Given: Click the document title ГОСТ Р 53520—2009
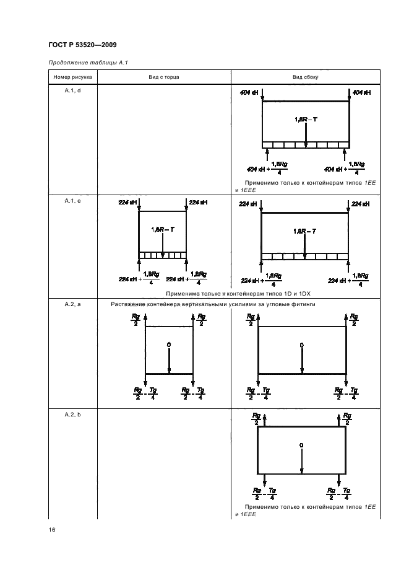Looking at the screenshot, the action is (82, 45).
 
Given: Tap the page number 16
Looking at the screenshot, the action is (52, 530).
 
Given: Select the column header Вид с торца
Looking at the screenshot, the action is (164, 77).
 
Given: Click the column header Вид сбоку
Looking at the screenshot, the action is (305, 77).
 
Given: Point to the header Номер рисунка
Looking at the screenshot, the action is (73, 77).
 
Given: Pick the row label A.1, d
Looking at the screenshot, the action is (73, 90).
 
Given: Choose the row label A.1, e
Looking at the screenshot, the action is (73, 201).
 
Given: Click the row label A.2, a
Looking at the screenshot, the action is (73, 304).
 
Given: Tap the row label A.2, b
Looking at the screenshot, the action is (73, 415).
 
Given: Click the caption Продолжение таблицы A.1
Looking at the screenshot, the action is (88, 63).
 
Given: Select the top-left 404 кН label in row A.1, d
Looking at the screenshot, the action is (249, 92).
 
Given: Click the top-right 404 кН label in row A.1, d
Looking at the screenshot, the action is (362, 92).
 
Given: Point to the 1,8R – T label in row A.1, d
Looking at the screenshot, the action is (306, 120).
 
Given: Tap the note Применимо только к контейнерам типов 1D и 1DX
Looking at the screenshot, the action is (238, 294).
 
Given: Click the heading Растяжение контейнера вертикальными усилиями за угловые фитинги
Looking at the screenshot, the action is (213, 304).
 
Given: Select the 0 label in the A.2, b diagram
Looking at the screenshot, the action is (301, 445).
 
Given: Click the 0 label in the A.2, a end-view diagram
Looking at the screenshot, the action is (169, 345).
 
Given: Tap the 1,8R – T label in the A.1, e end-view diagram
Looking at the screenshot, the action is (163, 229).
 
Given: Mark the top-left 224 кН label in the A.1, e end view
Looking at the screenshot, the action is (127, 203).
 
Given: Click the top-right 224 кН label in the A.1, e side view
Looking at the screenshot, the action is (361, 204).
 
